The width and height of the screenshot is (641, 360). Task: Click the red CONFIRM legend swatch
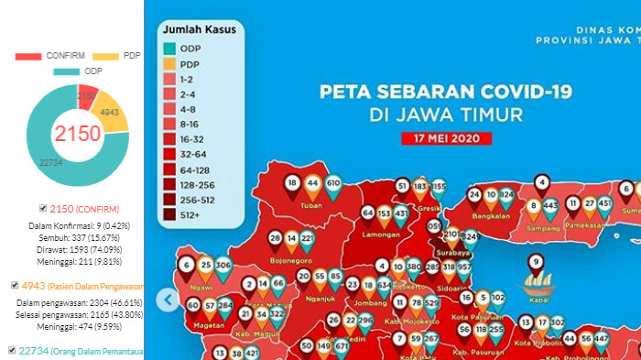pyautogui.click(x=28, y=56)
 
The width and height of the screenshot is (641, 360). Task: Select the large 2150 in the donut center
pyautogui.click(x=77, y=133)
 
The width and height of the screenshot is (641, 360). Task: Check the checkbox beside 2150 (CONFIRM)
pyautogui.click(x=45, y=208)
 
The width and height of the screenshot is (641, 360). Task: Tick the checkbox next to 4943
pyautogui.click(x=14, y=285)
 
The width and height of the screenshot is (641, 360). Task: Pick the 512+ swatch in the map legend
pyautogui.click(x=170, y=215)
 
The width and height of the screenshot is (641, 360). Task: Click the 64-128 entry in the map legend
pyautogui.click(x=170, y=169)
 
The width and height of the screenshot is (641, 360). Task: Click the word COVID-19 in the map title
pyautogui.click(x=523, y=93)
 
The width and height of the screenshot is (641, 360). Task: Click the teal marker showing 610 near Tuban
pyautogui.click(x=333, y=185)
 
